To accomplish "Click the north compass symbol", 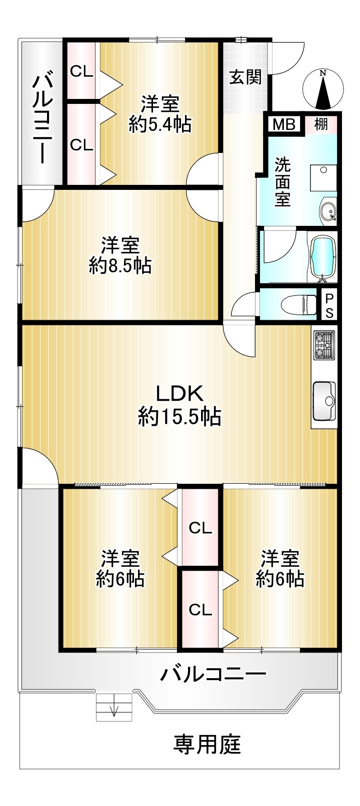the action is [323, 89].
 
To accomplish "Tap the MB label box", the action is [284, 124].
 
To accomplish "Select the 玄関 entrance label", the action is [246, 77].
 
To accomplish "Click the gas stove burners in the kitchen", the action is [324, 345].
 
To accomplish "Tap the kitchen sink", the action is [324, 401].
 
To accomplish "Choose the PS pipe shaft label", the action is [329, 305].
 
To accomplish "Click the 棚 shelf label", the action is [321, 124].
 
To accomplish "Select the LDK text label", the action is [180, 394].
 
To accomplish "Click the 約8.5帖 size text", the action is [120, 266].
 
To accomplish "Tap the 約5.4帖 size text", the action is [160, 124].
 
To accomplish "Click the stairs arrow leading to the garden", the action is [114, 707].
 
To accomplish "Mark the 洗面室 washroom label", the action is [282, 182].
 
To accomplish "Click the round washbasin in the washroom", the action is [327, 210].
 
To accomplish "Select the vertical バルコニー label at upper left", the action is [42, 119].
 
